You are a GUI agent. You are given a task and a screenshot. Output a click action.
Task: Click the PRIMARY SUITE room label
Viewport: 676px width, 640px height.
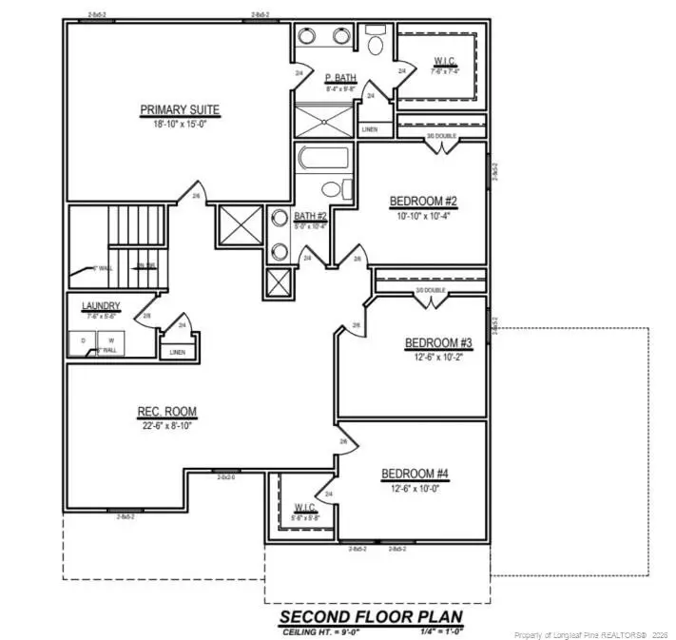point(180,109)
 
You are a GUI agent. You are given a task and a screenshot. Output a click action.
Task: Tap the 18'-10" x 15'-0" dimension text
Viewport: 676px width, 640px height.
point(180,124)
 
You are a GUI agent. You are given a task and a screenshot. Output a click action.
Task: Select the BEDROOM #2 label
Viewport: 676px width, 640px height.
point(424,202)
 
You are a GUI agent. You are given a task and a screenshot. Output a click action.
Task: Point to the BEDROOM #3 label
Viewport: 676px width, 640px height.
point(438,343)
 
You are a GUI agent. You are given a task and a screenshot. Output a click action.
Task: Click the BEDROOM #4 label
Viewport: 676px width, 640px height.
point(415,474)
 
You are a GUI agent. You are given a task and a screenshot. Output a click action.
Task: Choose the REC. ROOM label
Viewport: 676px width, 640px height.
point(167,412)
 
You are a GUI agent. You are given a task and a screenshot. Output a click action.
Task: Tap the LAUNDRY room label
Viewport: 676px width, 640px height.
point(100,305)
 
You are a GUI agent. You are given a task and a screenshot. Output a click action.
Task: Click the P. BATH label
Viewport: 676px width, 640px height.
point(339,78)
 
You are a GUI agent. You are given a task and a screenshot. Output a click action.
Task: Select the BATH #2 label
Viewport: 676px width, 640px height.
point(310,217)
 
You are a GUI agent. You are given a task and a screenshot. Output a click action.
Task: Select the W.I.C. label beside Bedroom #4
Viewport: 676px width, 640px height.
point(305,507)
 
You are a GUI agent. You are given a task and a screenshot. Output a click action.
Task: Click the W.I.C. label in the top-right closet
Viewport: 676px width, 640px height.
point(444,61)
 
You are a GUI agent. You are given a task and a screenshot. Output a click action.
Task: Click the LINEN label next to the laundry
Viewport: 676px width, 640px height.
point(178,352)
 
